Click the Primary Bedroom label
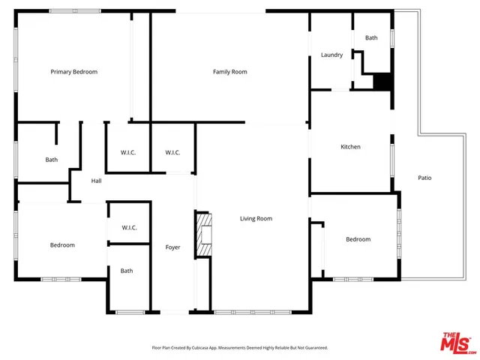[73, 72]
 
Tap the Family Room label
[229, 72]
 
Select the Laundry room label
[331, 55]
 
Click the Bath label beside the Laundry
[371, 37]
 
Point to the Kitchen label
[350, 147]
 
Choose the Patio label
[424, 178]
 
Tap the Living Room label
[256, 219]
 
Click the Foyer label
[173, 247]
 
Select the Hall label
[96, 181]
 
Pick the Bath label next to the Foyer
[127, 271]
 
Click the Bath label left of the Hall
[51, 159]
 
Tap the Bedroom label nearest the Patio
[358, 239]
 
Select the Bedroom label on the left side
[62, 245]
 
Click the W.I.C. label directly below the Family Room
[172, 153]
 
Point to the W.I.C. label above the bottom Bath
[128, 228]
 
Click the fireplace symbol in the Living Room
[203, 235]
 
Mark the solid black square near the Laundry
[382, 82]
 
